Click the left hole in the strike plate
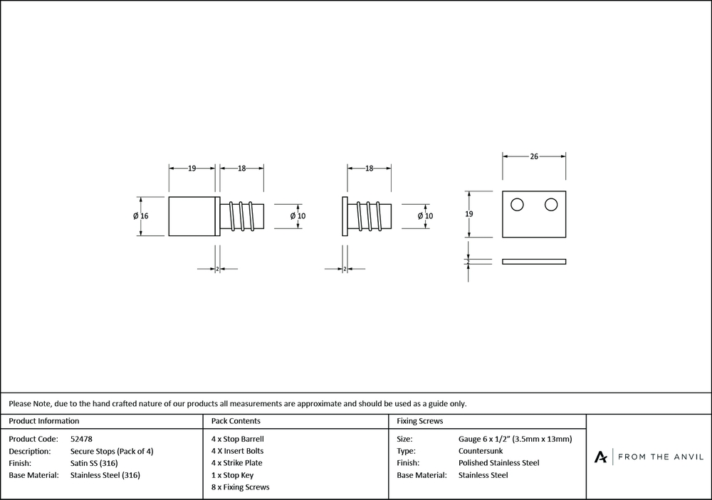(518, 205)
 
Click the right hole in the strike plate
(550, 205)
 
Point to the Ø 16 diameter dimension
(140, 216)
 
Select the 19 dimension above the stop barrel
(192, 169)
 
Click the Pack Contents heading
(236, 421)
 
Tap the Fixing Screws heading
(420, 421)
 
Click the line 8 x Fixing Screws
(241, 487)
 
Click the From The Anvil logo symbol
(601, 457)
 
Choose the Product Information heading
(44, 421)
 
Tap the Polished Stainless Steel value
(498, 463)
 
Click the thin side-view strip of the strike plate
(534, 262)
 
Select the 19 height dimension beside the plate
(469, 213)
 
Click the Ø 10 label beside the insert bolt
(424, 216)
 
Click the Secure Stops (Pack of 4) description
(112, 451)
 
